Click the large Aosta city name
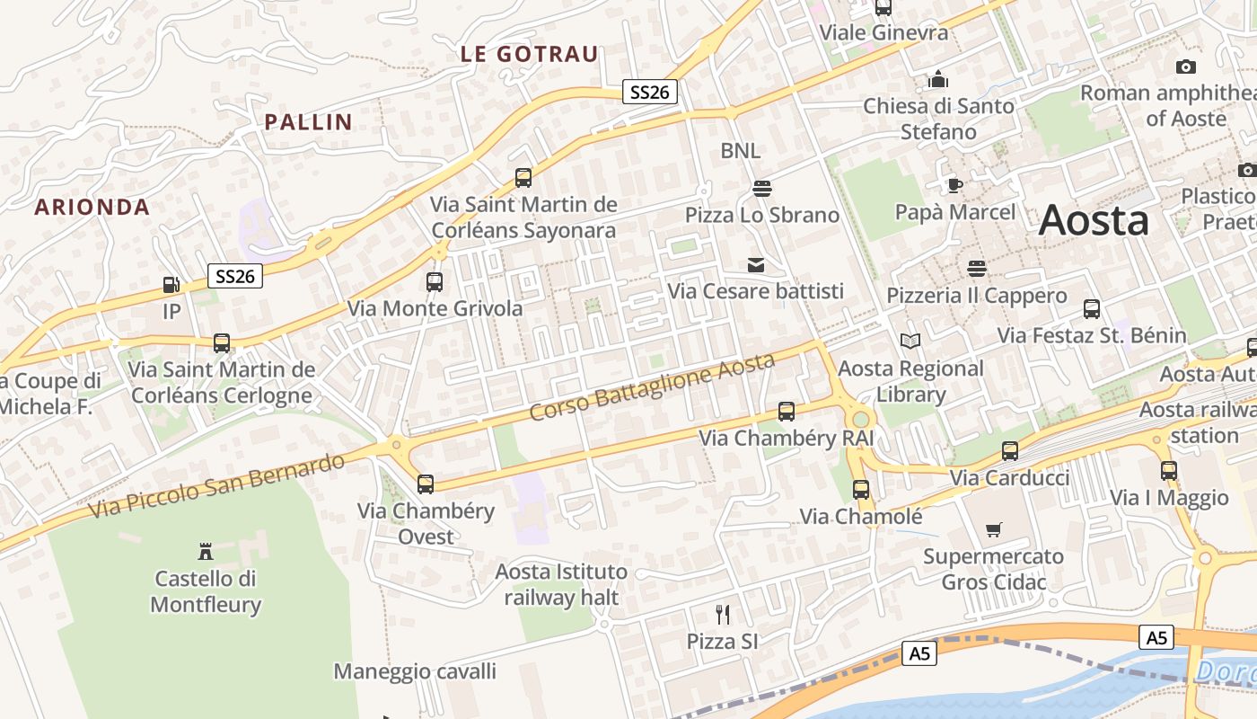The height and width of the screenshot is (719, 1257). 1094,221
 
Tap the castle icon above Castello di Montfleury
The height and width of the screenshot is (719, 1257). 206,551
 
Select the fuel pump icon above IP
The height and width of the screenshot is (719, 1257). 171,285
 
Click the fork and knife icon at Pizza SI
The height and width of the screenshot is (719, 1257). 723,615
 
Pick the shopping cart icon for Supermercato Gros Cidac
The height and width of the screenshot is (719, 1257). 993,530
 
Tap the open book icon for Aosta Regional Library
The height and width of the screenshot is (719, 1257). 910,342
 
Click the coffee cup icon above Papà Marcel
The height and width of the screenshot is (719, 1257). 954,185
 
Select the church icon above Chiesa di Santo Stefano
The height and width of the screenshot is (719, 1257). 938,80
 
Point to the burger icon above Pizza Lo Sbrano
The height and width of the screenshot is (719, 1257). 762,188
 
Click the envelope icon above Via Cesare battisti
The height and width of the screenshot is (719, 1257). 756,265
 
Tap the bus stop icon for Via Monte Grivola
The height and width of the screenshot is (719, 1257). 435,282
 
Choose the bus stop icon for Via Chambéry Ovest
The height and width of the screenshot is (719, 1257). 426,484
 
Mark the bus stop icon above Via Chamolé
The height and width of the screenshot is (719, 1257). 861,490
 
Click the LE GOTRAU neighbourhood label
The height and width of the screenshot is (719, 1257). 529,54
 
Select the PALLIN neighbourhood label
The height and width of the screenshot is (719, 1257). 308,122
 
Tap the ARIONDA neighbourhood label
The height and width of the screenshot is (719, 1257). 92,207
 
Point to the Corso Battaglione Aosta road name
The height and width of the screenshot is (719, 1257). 652,387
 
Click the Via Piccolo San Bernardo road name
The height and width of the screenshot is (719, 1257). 217,487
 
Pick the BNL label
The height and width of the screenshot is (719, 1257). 740,150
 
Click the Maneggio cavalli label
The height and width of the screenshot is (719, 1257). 415,671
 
